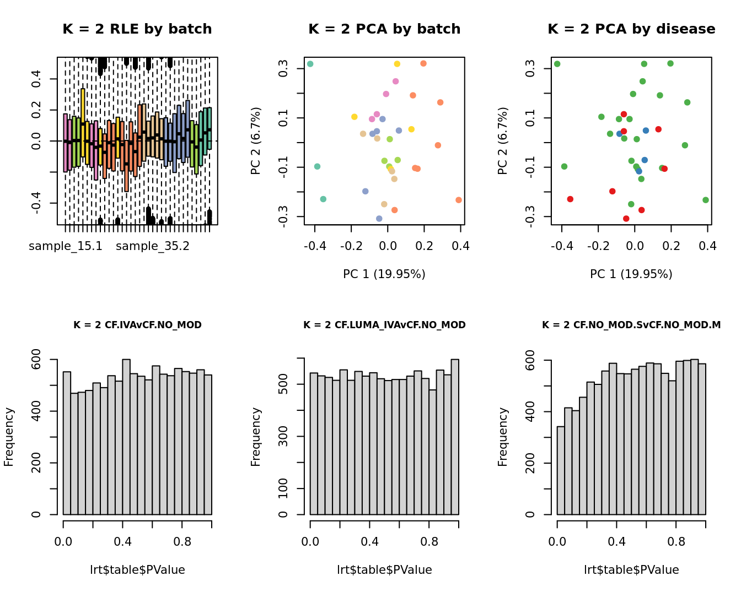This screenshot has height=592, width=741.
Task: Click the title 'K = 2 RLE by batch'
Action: point(137,29)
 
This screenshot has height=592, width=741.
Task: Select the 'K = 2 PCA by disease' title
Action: point(631,29)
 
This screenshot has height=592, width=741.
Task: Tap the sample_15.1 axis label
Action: point(66,246)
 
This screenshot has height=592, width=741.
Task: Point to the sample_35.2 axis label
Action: point(153,246)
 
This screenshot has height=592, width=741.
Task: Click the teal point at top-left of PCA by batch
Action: point(310,64)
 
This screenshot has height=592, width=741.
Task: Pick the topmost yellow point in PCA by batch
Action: point(397,64)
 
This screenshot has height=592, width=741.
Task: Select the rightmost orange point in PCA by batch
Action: point(459,200)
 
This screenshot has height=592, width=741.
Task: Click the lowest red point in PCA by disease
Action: point(626,219)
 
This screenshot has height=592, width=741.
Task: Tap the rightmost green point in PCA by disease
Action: point(706,200)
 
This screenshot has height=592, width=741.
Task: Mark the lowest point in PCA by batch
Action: point(379,219)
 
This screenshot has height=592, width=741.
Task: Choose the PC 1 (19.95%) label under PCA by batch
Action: point(384,274)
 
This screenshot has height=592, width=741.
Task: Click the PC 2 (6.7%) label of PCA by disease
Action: point(502,141)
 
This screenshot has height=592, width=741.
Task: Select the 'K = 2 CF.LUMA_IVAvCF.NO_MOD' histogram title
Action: point(384,325)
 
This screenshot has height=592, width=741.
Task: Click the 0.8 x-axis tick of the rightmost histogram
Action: point(676,542)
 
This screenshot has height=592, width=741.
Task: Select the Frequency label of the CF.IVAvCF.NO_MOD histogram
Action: point(9,437)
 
